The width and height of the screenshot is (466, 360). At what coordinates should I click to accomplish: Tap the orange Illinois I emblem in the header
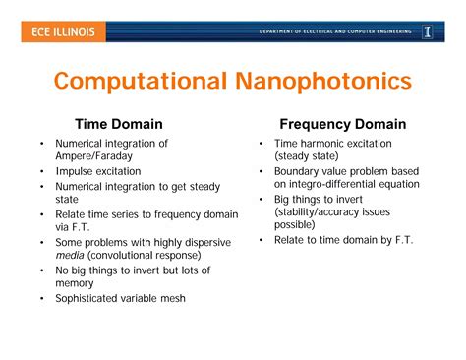[428, 32]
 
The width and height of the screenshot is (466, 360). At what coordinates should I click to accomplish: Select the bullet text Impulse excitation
[97, 171]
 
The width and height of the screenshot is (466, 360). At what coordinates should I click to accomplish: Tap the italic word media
[69, 256]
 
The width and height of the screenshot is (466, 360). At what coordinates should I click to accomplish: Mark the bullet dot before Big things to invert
[261, 199]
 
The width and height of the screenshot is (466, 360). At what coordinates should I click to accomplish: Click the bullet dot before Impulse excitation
[41, 171]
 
